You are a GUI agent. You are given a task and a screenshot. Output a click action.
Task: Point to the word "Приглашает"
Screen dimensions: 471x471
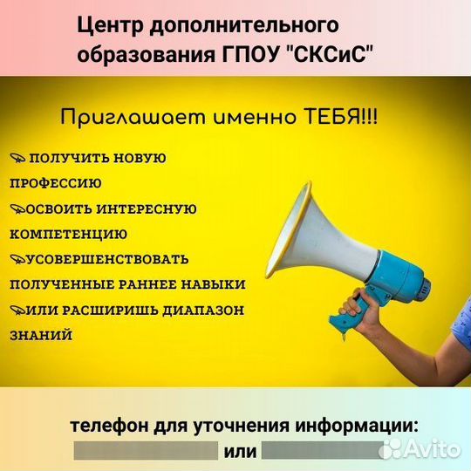[x=133, y=118]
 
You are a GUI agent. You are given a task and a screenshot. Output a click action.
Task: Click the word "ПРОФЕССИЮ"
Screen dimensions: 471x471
[x=56, y=183]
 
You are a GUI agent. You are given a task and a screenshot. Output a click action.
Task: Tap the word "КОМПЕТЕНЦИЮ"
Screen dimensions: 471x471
[x=69, y=235]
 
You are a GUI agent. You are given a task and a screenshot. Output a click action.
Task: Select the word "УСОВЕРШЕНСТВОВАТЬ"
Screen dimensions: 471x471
[x=107, y=259]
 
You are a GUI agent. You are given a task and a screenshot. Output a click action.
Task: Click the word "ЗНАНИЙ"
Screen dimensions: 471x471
[x=41, y=335]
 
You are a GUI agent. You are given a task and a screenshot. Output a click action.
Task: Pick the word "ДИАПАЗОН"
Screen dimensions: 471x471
[x=203, y=311]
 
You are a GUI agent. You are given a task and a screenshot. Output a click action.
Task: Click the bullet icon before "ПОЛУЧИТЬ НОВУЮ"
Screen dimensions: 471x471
[x=17, y=157]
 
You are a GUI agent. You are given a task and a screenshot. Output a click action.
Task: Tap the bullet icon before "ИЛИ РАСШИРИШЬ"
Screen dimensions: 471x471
[x=18, y=310]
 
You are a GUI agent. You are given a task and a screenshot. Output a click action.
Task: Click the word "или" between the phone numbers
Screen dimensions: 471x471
[x=240, y=452]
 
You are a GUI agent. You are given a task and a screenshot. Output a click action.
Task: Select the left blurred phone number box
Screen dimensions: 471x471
[x=146, y=451]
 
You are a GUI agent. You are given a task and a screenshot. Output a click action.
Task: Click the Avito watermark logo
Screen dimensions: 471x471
[x=420, y=449]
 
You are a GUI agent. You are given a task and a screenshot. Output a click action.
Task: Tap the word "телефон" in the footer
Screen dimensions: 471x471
[x=109, y=426]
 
